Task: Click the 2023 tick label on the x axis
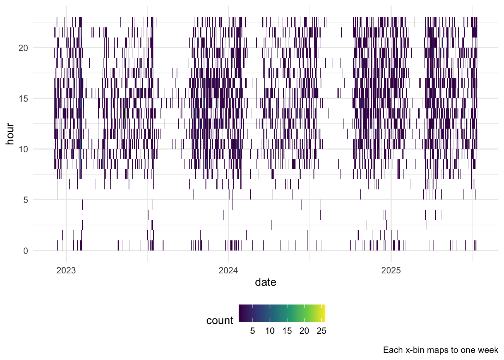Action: [66, 270]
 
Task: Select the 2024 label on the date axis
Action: [228, 270]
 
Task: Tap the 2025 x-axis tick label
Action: [391, 270]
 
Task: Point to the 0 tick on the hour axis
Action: [25, 251]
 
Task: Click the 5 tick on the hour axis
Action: [25, 200]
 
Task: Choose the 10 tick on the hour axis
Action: [23, 150]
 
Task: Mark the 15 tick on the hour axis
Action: [23, 99]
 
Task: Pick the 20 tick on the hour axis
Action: [23, 48]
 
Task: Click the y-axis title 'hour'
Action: [10, 134]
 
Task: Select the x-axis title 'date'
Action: [265, 282]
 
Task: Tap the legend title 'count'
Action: [220, 321]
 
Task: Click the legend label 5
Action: [252, 331]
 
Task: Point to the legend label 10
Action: [270, 331]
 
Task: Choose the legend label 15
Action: [287, 331]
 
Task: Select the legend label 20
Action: [304, 331]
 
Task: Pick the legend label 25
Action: [321, 331]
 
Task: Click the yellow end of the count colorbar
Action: [323, 313]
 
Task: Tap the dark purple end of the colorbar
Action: [240, 313]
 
